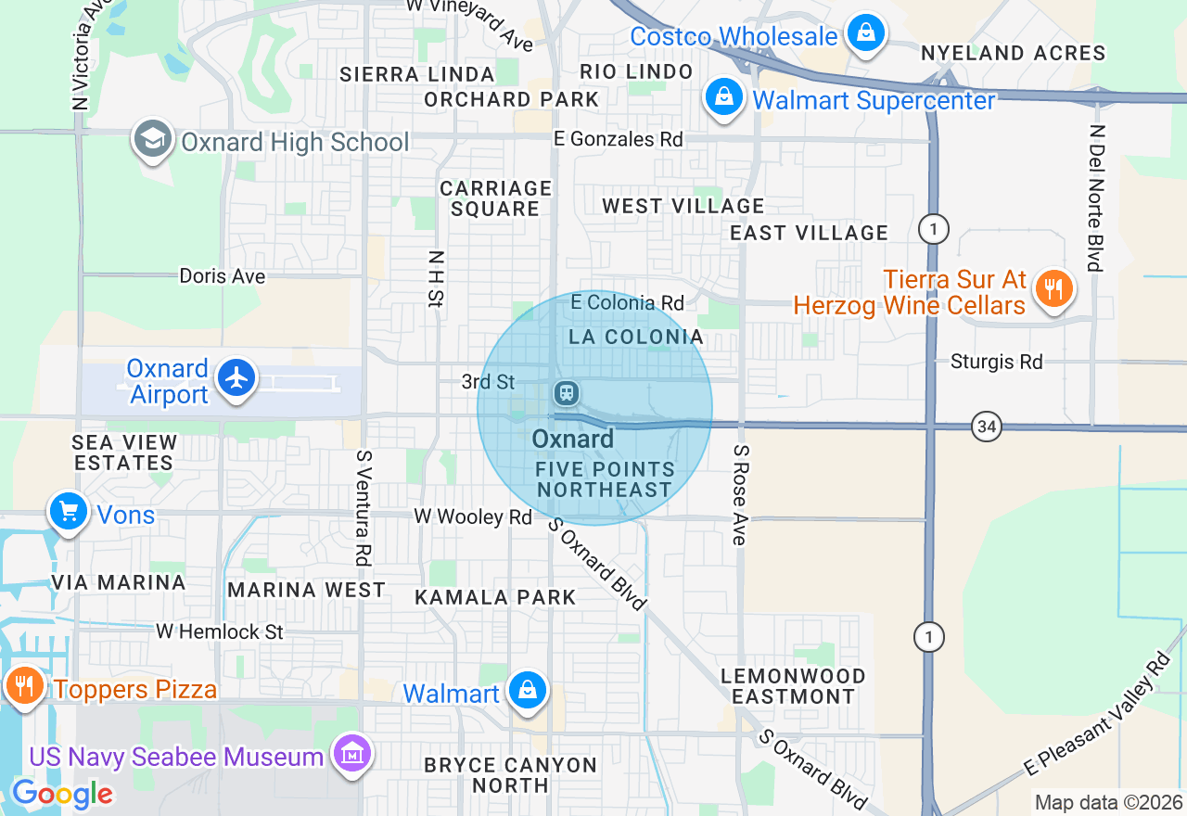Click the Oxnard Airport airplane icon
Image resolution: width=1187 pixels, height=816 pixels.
pos(237,377)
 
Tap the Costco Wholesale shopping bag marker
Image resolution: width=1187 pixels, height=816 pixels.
pos(865,34)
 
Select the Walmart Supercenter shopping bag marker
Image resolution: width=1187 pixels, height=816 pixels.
pos(724,96)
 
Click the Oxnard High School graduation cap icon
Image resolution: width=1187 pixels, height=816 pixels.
pos(152,140)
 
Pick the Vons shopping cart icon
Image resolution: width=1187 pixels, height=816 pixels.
pos(68,511)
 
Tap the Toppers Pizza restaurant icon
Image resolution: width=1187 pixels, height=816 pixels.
pos(24,686)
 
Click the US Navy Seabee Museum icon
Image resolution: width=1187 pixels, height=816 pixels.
pos(352,754)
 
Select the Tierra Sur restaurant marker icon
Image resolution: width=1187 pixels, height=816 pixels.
pos(1053,289)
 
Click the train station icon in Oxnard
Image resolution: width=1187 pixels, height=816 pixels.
pos(565,393)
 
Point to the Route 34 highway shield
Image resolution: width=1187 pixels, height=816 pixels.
pos(987,427)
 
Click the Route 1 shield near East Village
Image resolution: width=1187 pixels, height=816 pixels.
pos(933,228)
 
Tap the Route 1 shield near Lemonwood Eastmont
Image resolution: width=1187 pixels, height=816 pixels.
pos(928,637)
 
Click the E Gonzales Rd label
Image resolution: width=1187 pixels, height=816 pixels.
pos(618,139)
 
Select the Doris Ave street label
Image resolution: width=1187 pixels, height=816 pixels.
pos(223,276)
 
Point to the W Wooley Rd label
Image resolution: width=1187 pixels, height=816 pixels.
pos(473,516)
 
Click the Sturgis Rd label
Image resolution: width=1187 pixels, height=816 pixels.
pos(996,362)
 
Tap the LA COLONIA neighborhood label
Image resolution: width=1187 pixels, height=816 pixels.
pos(636,337)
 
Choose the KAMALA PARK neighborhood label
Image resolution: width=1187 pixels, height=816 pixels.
pos(495,597)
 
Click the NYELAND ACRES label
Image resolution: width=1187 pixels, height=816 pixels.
pos(1013,54)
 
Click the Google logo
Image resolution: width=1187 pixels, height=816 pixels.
pos(62,794)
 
